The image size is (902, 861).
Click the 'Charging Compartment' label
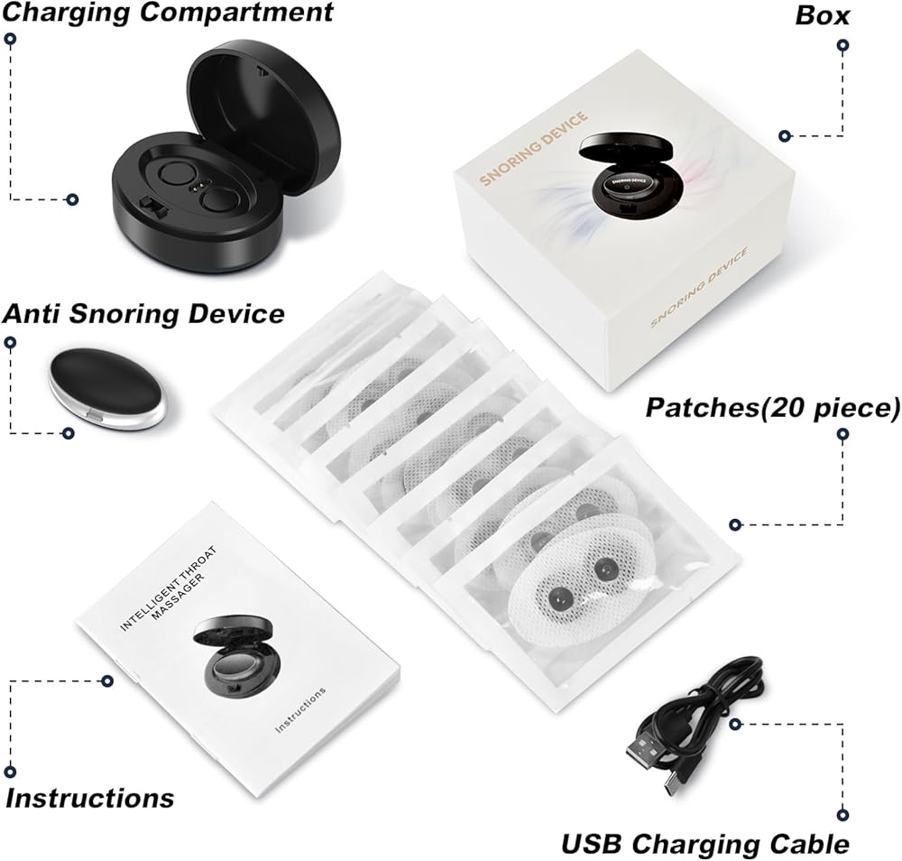(167, 12)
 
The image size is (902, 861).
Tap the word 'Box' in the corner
(822, 15)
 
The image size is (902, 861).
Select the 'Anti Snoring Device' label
(143, 314)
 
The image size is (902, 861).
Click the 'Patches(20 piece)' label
(773, 407)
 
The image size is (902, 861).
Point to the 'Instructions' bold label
(89, 798)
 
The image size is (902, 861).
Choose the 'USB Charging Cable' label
(705, 845)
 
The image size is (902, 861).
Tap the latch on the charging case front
(150, 206)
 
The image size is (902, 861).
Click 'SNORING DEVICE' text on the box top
(534, 149)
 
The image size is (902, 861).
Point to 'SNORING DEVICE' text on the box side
(699, 287)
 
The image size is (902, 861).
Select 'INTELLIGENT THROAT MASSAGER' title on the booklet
(170, 588)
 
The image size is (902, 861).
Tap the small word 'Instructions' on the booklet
(299, 709)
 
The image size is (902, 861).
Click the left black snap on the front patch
(558, 601)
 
